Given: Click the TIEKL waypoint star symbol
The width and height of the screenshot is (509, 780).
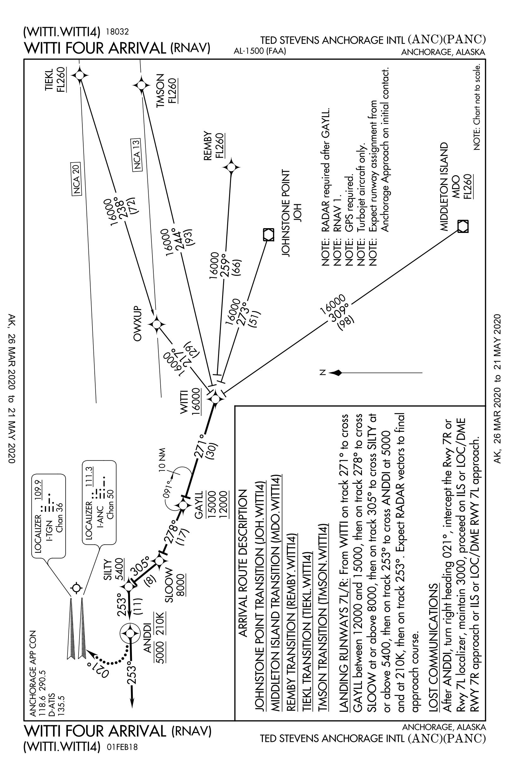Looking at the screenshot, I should click(80, 76).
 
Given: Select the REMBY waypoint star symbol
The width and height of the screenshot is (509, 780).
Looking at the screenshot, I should click(232, 167).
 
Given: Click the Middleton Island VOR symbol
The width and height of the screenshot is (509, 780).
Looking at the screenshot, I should click(462, 226).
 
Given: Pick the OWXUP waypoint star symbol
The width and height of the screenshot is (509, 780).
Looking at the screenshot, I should click(157, 324).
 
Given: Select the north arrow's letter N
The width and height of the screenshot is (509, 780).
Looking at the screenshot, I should click(323, 373).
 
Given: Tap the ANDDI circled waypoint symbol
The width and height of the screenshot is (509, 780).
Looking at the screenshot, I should click(130, 633).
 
